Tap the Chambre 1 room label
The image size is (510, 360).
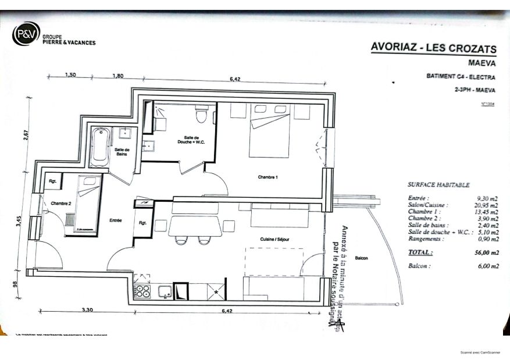pyautogui.click(x=268, y=177)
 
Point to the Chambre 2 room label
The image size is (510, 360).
pyautogui.click(x=61, y=204)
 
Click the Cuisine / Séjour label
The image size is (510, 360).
pyautogui.click(x=274, y=239)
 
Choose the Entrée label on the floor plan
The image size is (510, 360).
pyautogui.click(x=115, y=220)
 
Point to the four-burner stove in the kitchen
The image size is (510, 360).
pyautogui.click(x=142, y=291)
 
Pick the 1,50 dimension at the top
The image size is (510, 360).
pyautogui.click(x=70, y=75)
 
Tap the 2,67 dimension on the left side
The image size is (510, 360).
pyautogui.click(x=26, y=135)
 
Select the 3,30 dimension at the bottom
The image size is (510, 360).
pyautogui.click(x=87, y=310)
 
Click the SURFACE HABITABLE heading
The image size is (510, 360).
pyautogui.click(x=438, y=184)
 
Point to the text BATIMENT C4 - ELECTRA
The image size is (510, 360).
pyautogui.click(x=457, y=77)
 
